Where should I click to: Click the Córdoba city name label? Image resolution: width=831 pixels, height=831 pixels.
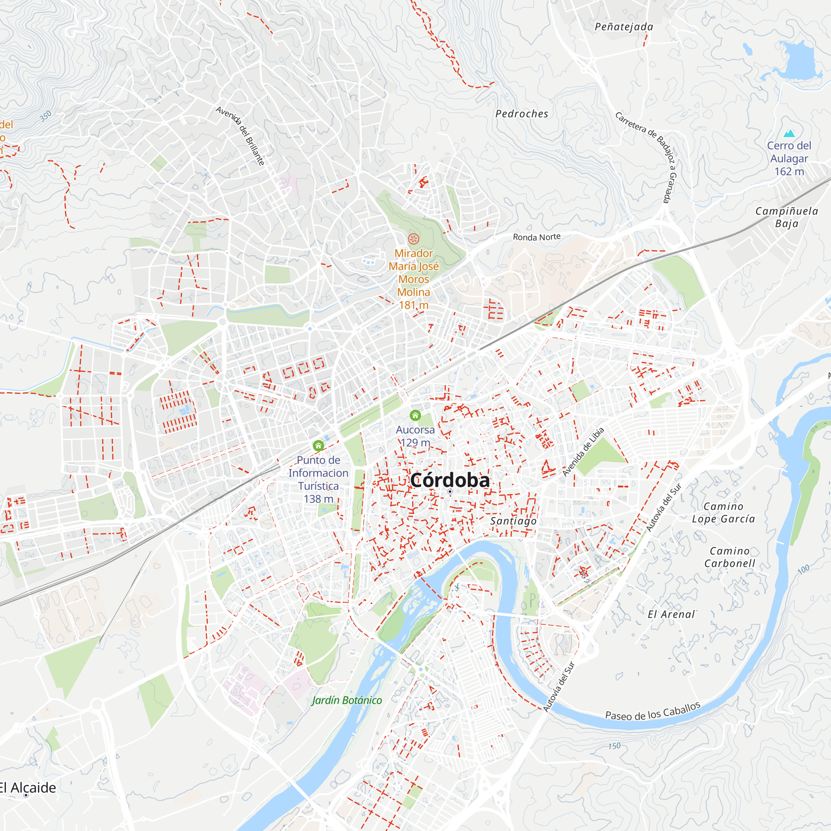click(450, 480)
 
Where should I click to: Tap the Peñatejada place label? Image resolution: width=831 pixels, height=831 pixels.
click(624, 27)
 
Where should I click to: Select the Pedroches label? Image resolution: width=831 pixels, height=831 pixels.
click(522, 114)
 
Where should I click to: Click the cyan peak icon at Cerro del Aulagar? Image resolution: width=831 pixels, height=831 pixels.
click(789, 133)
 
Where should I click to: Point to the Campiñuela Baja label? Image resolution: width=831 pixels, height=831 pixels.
click(787, 217)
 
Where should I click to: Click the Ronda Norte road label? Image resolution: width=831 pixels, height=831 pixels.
click(536, 237)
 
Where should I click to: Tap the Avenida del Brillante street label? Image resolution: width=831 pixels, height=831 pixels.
click(240, 136)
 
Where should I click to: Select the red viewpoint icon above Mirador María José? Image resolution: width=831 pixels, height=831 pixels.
click(413, 238)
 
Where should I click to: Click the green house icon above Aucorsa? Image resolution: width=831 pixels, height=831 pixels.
click(415, 415)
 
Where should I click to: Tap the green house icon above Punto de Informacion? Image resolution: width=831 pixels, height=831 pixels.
click(318, 445)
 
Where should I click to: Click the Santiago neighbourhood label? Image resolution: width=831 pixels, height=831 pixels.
click(513, 521)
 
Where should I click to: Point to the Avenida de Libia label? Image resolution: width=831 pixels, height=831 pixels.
click(583, 452)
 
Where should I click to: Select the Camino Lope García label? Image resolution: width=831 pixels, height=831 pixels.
click(723, 513)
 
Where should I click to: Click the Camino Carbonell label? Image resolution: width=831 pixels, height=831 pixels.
click(730, 557)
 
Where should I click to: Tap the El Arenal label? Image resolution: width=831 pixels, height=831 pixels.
click(671, 615)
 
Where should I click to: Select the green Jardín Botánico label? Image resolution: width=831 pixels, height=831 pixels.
click(347, 700)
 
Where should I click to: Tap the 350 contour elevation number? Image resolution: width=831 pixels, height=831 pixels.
click(46, 116)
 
